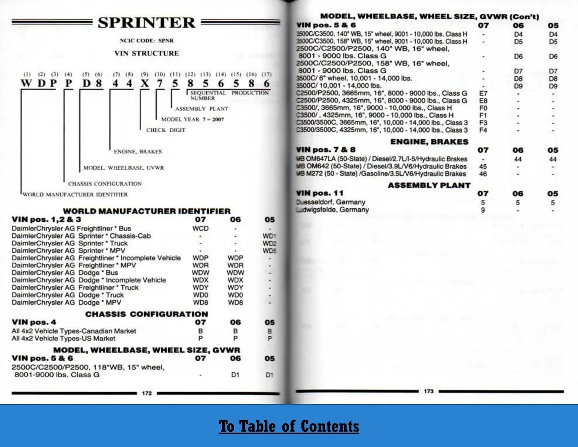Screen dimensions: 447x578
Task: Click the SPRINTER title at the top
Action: click(146, 23)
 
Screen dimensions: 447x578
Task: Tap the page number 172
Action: click(147, 393)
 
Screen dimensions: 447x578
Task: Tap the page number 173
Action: click(428, 391)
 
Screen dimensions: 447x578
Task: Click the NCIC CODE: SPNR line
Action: click(146, 41)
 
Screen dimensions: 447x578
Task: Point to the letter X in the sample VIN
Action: click(144, 83)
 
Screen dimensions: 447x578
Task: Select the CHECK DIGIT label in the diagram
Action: click(166, 130)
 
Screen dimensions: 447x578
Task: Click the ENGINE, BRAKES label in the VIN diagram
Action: click(138, 152)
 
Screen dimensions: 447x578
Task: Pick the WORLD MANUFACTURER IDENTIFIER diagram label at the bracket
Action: click(75, 194)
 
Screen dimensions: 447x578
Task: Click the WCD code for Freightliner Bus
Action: click(200, 228)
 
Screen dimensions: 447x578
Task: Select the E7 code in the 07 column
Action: click(483, 93)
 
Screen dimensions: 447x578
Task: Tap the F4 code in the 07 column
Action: click(483, 130)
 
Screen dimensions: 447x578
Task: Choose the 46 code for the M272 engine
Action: click(483, 174)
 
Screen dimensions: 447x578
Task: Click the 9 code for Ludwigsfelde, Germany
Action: click(483, 210)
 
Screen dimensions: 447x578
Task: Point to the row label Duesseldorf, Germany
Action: click(331, 202)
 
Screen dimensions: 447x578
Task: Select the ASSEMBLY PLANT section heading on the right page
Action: click(429, 185)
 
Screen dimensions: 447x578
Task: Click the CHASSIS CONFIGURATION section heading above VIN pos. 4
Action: click(147, 314)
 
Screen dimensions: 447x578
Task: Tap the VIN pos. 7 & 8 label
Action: click(326, 150)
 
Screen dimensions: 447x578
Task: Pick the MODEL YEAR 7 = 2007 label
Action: click(192, 119)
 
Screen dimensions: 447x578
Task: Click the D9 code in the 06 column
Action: click(518, 86)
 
